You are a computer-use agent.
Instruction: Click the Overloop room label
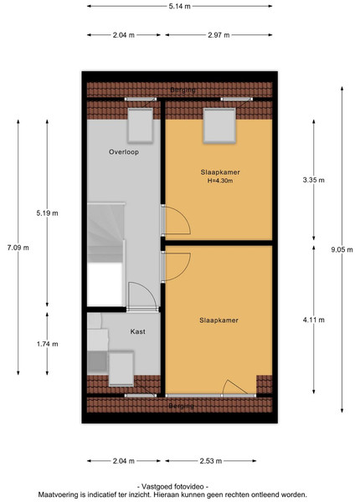[x=124, y=151]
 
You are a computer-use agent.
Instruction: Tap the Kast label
[x=138, y=331]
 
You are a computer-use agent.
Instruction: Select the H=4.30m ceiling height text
[x=220, y=181]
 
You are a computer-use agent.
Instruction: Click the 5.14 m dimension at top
[x=180, y=6]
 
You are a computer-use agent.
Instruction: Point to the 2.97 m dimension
[x=219, y=35]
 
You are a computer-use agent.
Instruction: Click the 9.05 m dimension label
[x=342, y=249]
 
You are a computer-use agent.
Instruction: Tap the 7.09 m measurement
[x=18, y=247]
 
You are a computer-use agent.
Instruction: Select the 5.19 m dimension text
[x=47, y=213]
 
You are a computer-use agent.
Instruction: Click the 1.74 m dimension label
[x=47, y=344]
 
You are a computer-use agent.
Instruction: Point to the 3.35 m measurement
[x=314, y=180]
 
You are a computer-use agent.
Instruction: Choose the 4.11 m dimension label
[x=314, y=320]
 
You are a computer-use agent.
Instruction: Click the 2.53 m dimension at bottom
[x=211, y=461]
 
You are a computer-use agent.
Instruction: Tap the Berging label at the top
[x=183, y=90]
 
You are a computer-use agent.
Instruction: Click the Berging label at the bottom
[x=182, y=406]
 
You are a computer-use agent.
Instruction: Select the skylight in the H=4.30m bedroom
[x=219, y=125]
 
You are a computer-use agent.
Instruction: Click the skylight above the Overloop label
[x=141, y=125]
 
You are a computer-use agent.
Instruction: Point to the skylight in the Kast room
[x=121, y=368]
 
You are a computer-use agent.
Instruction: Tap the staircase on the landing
[x=106, y=236]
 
